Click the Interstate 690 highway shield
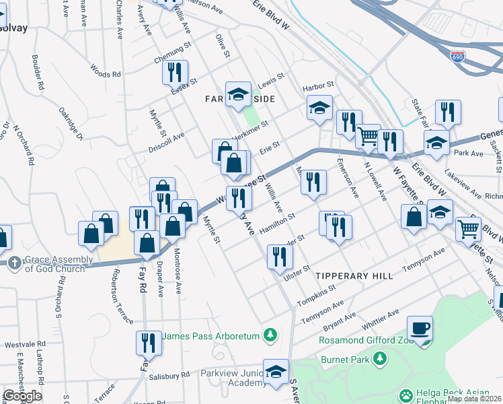point(457,57)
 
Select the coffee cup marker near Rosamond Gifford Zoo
point(420,329)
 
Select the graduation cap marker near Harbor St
point(319,108)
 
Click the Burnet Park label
point(344,359)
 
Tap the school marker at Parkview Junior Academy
point(276,371)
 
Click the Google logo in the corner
point(22,396)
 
